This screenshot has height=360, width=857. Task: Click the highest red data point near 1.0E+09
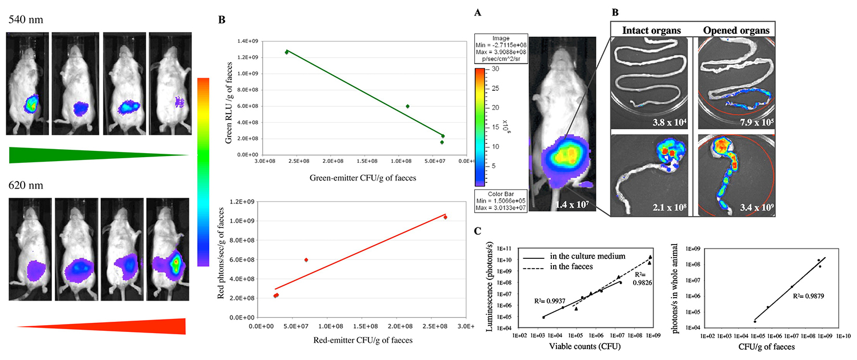pyautogui.click(x=445, y=217)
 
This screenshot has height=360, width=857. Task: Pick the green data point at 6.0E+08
pyautogui.click(x=407, y=106)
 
